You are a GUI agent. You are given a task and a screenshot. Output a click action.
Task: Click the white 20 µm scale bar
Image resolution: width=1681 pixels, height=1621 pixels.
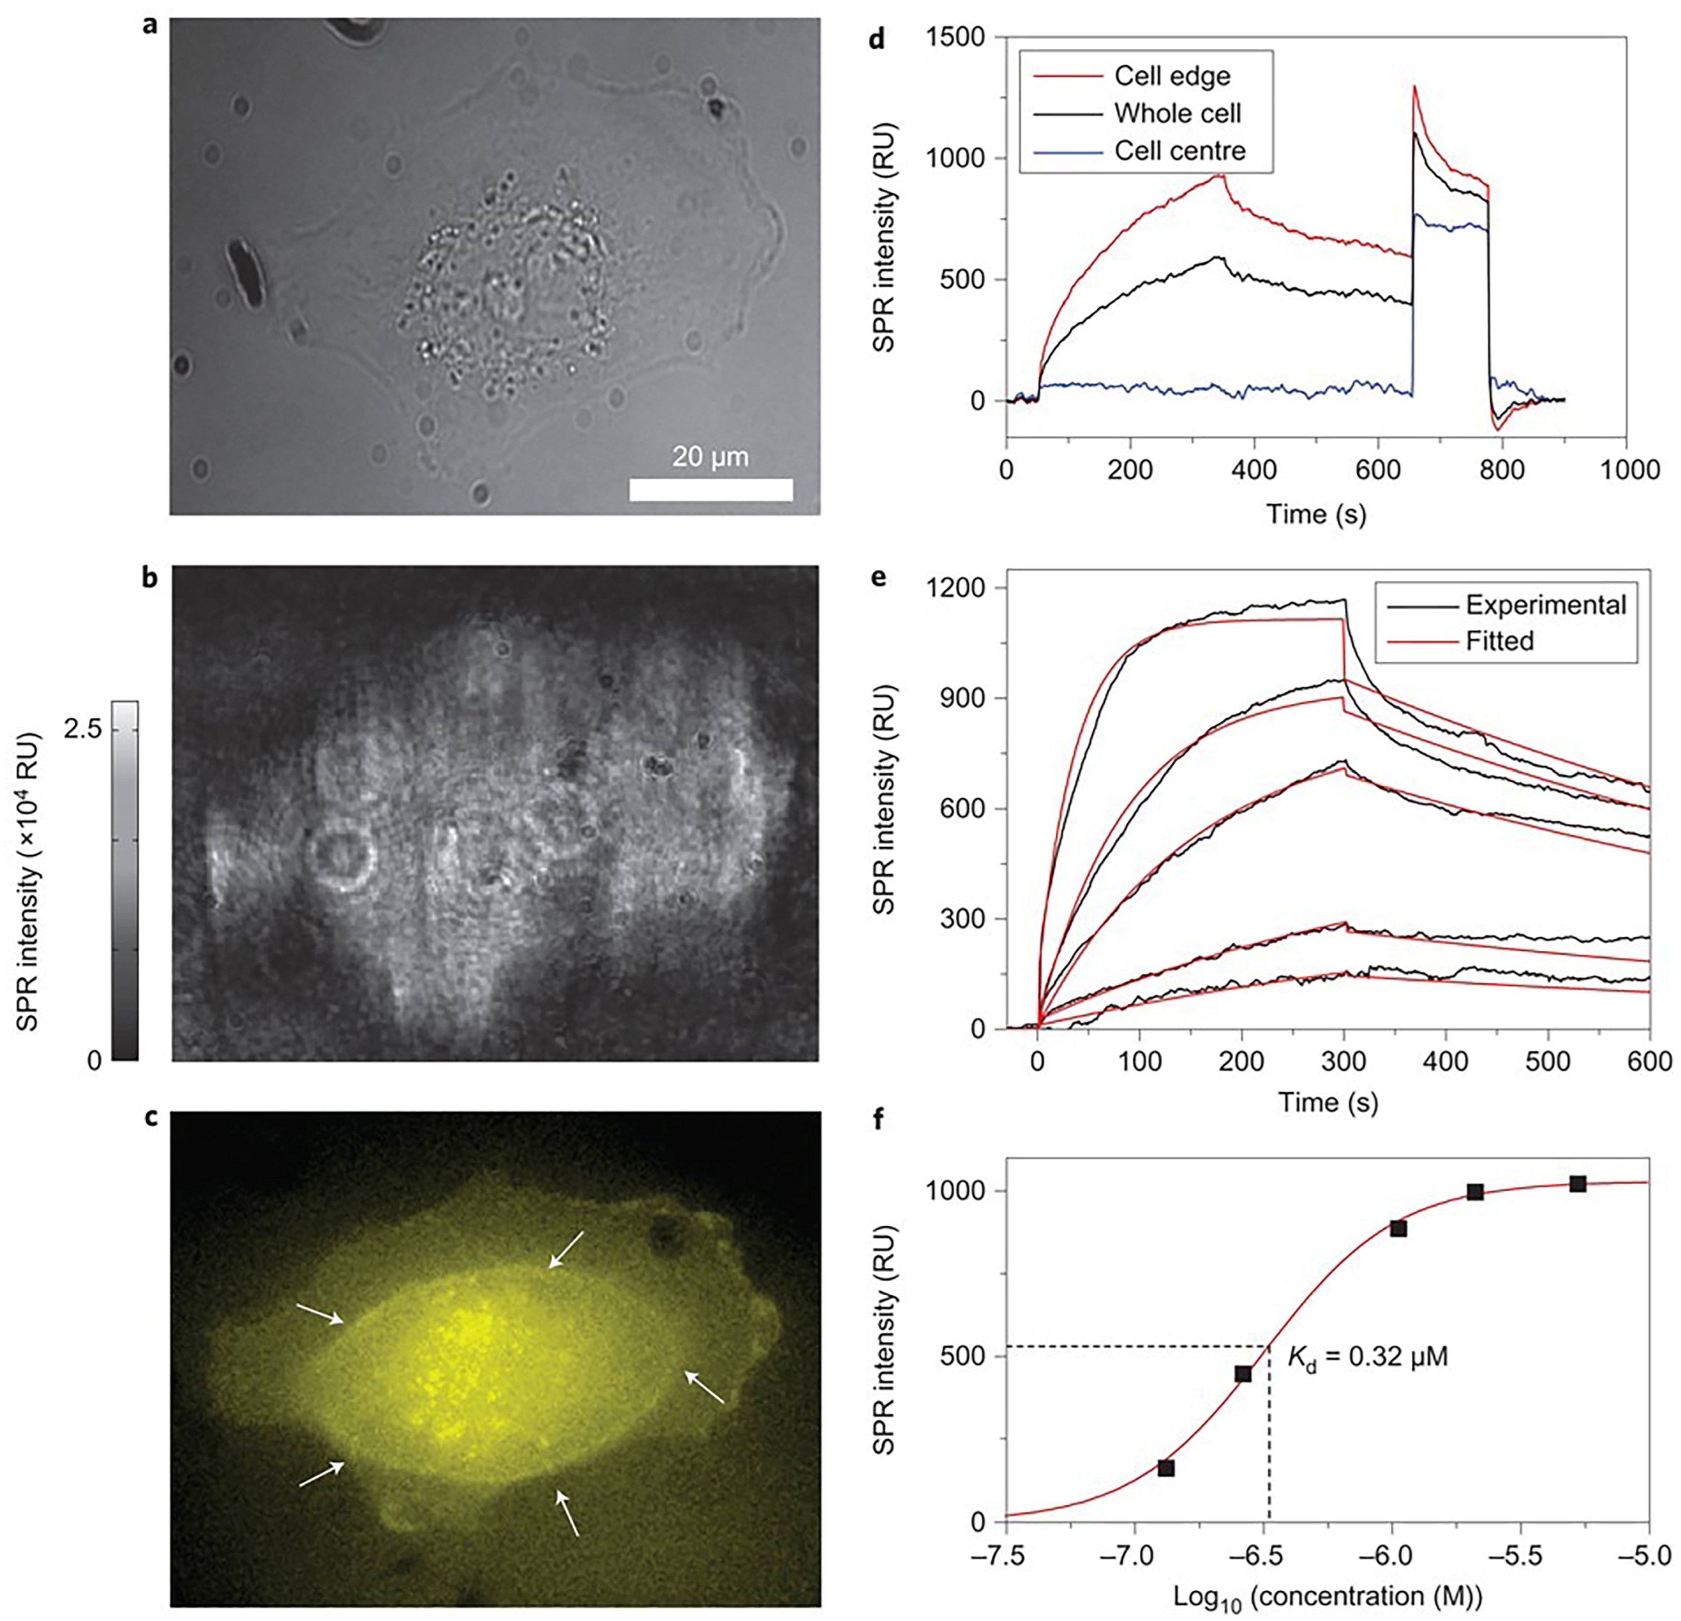[x=710, y=490]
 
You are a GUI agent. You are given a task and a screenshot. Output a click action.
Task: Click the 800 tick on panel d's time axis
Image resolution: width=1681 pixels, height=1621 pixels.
[x=1503, y=471]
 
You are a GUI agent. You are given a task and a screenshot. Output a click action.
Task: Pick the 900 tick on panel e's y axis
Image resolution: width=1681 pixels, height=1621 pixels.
[x=965, y=698]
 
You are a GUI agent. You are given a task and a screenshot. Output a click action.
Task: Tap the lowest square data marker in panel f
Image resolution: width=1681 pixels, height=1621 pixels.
[x=1166, y=1468]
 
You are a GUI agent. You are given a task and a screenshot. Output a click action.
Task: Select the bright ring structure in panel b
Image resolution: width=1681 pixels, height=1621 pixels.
[x=341, y=858]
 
